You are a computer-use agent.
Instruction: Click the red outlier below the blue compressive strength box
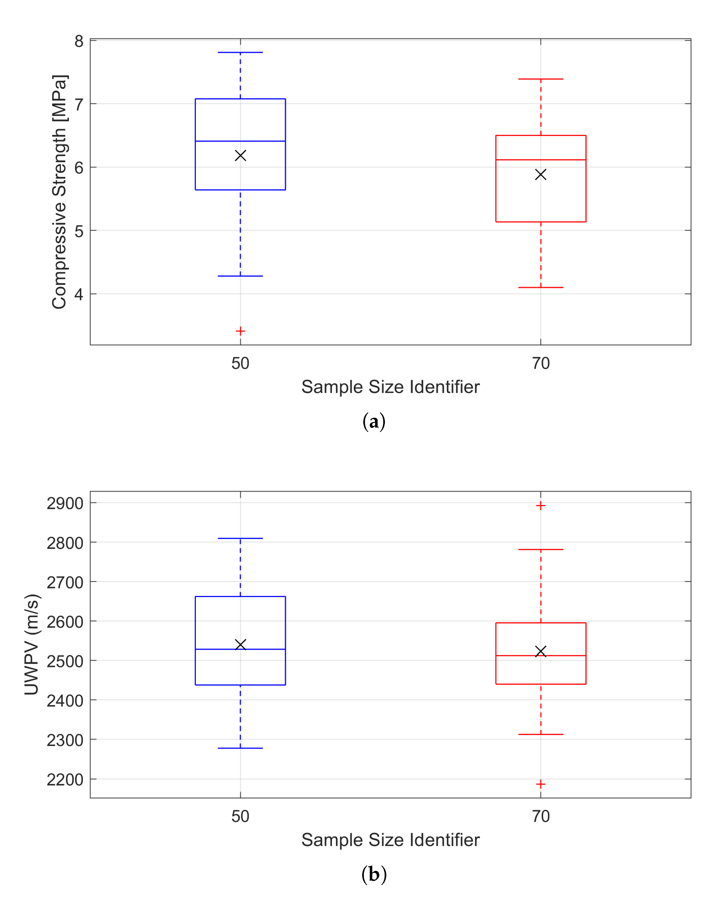[240, 331]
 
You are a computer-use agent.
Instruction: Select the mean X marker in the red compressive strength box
[541, 175]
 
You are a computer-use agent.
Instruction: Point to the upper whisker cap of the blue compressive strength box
[240, 52]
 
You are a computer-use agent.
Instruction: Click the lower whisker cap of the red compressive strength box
[541, 287]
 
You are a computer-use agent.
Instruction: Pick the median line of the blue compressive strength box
[240, 141]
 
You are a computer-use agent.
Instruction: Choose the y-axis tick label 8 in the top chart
[79, 41]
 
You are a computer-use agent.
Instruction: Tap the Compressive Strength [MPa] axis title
[59, 192]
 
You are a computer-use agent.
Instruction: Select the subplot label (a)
[374, 422]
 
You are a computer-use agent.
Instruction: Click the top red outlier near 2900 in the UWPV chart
[541, 506]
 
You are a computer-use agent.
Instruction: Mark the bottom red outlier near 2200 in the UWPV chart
[541, 784]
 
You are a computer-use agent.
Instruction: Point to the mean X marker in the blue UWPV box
[240, 645]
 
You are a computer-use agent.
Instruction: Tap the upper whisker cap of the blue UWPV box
[240, 538]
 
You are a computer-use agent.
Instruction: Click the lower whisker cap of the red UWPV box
[541, 734]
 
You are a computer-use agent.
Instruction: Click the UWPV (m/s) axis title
[32, 645]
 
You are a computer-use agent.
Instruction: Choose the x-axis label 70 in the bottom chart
[541, 816]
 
